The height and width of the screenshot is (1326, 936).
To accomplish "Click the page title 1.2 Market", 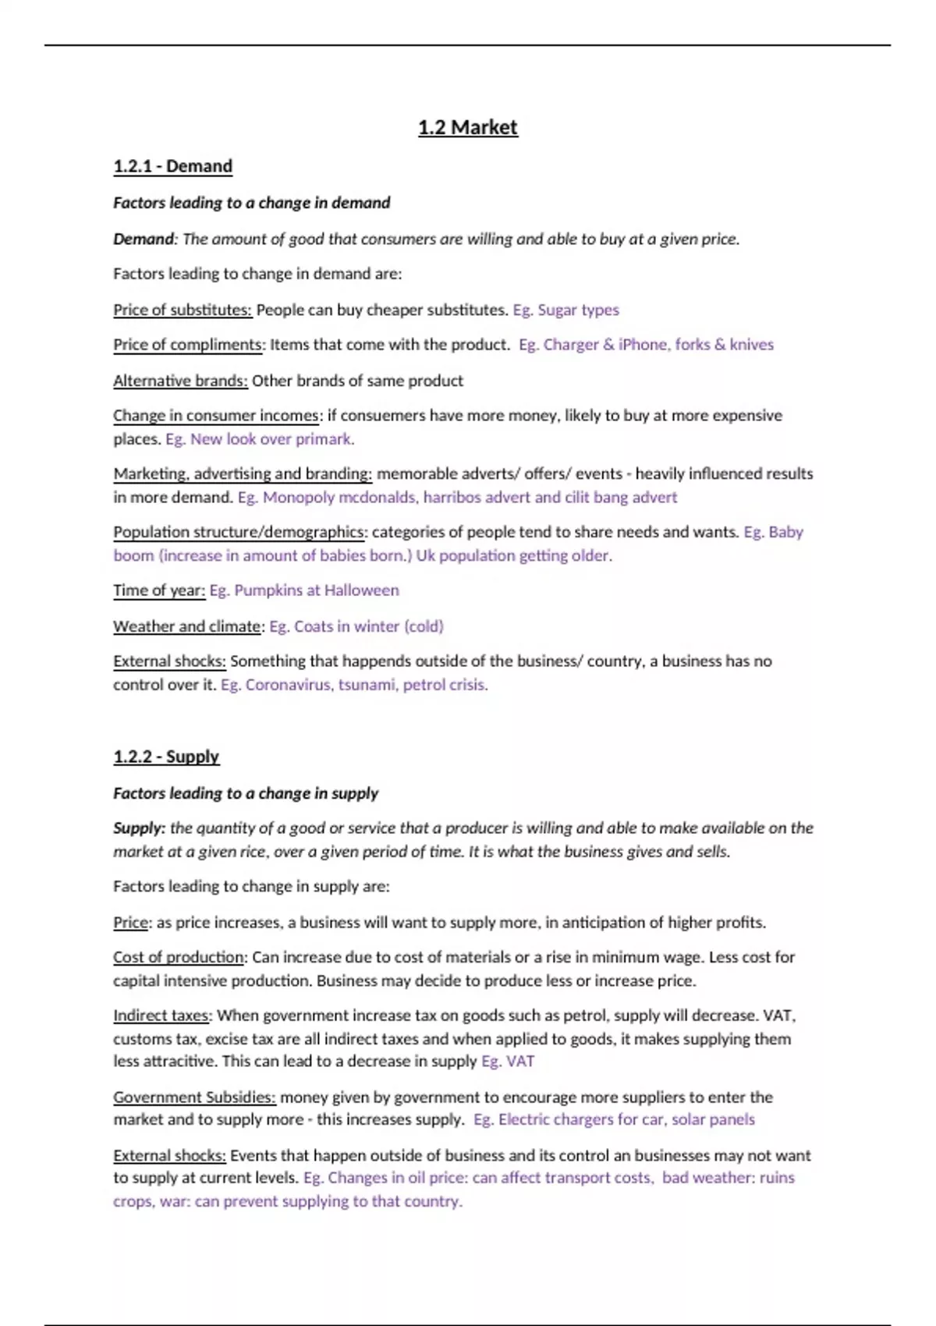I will (467, 127).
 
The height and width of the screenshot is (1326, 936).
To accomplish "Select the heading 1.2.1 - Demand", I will (172, 166).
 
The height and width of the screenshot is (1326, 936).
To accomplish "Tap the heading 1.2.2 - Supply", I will (166, 757).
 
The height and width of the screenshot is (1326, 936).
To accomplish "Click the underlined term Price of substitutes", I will (183, 310).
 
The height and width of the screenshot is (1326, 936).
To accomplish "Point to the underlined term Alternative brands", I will (180, 381).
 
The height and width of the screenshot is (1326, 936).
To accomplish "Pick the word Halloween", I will (361, 590).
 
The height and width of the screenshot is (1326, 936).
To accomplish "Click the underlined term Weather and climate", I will (187, 626).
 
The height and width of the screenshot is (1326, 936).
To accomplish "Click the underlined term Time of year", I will (159, 590).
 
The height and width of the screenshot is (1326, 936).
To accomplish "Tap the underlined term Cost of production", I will (179, 957).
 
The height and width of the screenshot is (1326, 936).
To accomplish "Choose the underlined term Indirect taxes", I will (161, 1016).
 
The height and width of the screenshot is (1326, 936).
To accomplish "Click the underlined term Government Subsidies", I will (194, 1097).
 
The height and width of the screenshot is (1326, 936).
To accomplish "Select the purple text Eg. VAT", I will (508, 1062).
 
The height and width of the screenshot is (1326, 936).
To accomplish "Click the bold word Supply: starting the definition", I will (139, 828).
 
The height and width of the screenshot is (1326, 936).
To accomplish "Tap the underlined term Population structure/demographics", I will (239, 532).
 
